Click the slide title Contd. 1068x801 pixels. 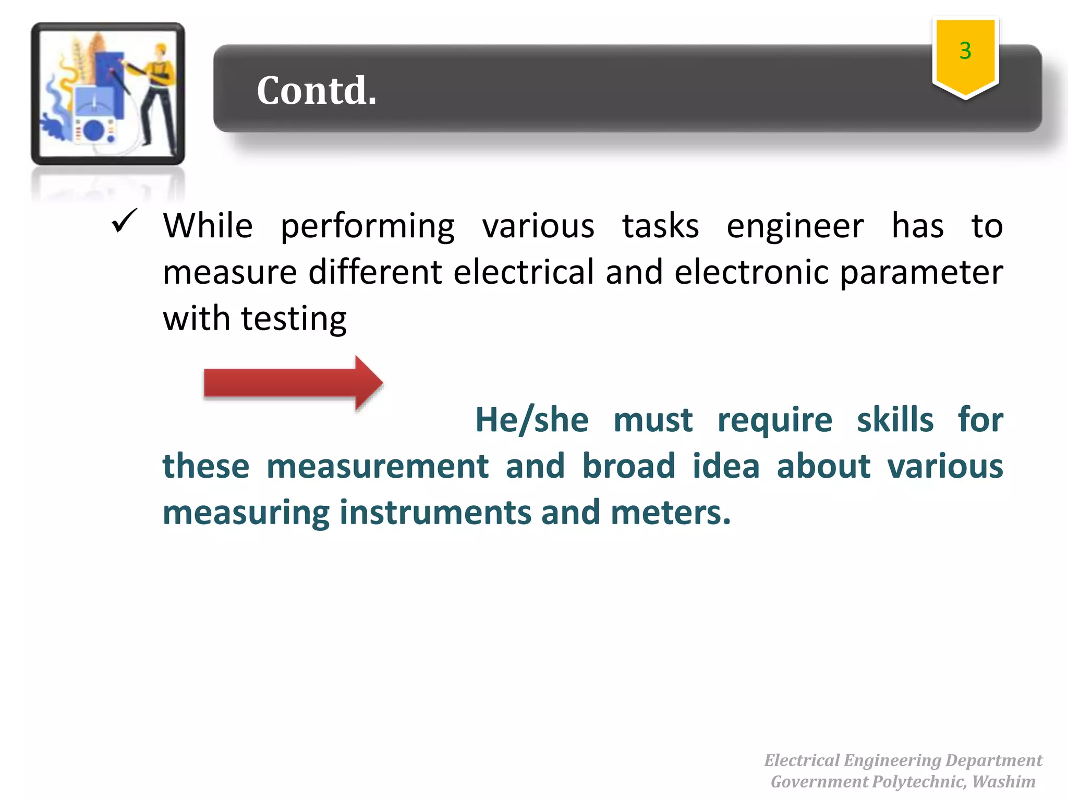316,90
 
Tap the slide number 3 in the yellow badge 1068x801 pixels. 965,51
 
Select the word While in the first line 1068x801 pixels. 208,226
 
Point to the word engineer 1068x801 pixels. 795,226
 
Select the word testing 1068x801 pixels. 294,319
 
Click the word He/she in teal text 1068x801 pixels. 531,420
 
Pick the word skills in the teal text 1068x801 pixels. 895,420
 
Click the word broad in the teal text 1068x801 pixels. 628,466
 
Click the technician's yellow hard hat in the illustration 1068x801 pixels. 161,49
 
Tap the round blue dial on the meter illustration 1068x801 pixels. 94,130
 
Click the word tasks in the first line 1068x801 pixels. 660,226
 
